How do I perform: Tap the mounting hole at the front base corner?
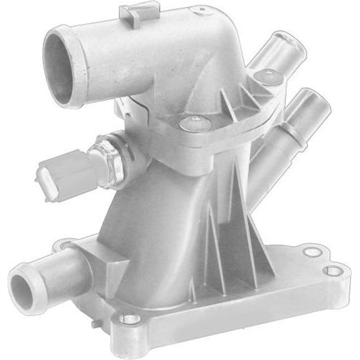[x=130, y=319]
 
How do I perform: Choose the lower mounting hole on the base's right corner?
[x=333, y=270]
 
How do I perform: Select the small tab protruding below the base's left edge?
[x=94, y=323]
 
